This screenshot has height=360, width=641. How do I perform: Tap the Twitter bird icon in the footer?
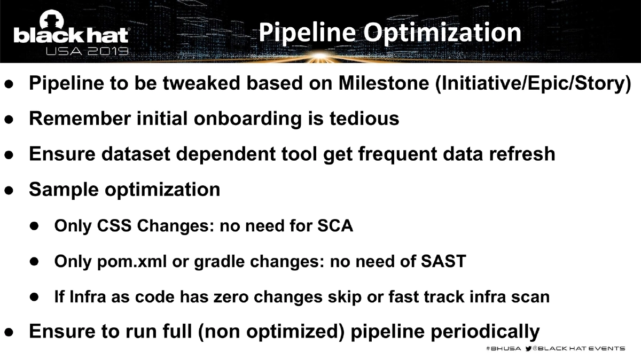click(529, 348)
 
